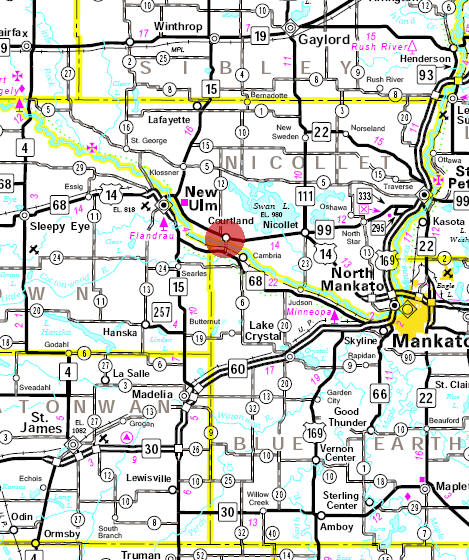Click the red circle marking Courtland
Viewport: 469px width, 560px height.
(x=225, y=238)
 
